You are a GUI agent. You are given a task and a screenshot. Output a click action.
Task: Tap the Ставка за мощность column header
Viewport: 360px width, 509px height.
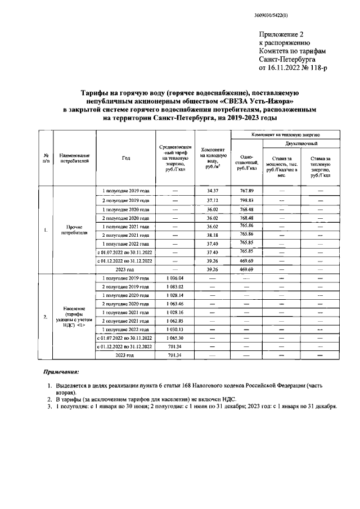tap(281, 165)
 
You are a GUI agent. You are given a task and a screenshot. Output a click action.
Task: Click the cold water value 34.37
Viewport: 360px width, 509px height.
tap(213, 191)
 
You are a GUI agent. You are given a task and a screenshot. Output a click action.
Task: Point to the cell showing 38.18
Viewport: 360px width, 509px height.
tap(213, 235)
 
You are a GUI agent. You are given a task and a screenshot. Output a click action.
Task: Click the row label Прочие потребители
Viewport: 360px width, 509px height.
tap(74, 231)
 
